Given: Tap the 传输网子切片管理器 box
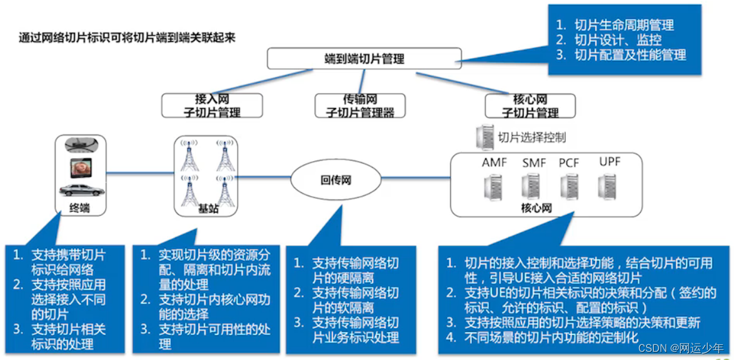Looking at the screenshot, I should coord(360,106).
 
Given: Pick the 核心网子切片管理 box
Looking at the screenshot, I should coord(530,106).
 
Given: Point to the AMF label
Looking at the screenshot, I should coord(495,162).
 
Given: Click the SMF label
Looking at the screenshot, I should coord(534,162).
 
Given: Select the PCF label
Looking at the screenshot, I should coord(569,162).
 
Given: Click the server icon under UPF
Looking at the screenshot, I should coord(606,186).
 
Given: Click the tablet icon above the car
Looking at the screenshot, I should coord(82,167).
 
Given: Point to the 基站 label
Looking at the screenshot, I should coord(209,209).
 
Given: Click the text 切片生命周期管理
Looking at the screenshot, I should coord(624,26).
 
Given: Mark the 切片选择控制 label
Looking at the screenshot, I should coord(531,137).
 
